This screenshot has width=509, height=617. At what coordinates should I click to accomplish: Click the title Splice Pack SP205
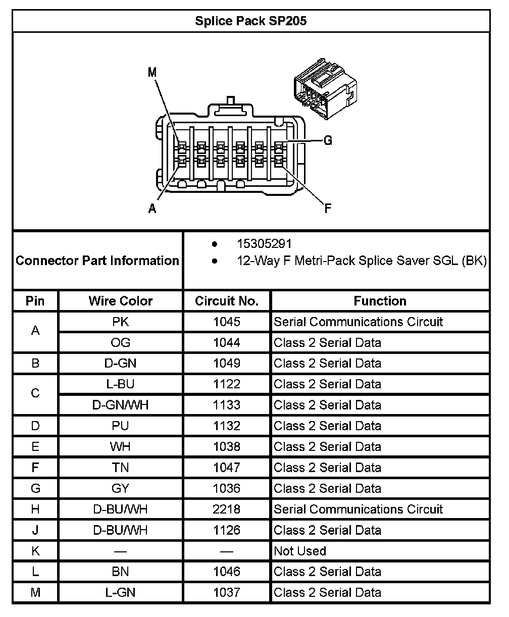click(250, 21)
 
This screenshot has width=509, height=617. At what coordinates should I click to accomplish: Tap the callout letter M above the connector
click(152, 73)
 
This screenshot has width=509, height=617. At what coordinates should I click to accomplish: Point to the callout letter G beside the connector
click(328, 141)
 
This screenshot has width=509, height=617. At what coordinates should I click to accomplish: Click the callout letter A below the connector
click(152, 209)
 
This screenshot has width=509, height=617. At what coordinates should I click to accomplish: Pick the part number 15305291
click(264, 244)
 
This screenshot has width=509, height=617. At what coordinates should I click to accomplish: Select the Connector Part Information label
click(97, 261)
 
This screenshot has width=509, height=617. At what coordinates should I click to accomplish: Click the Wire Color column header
click(120, 301)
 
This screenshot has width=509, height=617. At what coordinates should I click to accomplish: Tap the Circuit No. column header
click(227, 301)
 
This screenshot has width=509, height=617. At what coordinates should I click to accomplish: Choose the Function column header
click(380, 301)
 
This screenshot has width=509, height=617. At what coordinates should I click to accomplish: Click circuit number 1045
click(227, 322)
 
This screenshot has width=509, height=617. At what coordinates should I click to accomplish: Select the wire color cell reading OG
click(120, 343)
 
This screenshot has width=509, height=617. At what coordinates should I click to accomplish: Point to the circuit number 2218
click(227, 509)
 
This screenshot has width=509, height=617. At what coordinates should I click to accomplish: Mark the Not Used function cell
click(300, 551)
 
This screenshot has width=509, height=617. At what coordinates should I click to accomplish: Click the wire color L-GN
click(120, 592)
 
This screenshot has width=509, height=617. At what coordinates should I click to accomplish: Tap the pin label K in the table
click(35, 551)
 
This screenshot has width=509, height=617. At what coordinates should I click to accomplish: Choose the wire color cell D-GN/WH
click(120, 405)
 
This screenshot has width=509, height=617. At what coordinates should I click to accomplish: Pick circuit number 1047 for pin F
click(227, 468)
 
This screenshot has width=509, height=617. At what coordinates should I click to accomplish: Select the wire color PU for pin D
click(120, 426)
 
